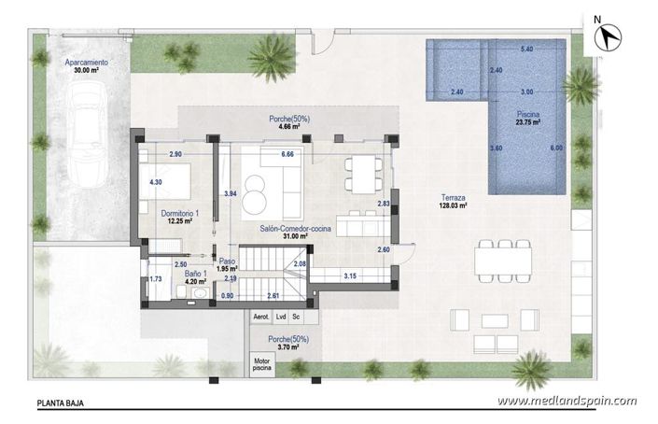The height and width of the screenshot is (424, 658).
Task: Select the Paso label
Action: tap(228, 265)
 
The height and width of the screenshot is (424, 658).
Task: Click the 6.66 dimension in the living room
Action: tap(287, 153)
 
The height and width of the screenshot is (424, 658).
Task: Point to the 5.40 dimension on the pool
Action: tap(526, 48)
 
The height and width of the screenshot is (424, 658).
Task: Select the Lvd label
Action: tap(281, 318)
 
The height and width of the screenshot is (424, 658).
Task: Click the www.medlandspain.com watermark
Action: tap(567, 401)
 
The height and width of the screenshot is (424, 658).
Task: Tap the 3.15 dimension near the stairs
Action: tap(350, 276)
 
